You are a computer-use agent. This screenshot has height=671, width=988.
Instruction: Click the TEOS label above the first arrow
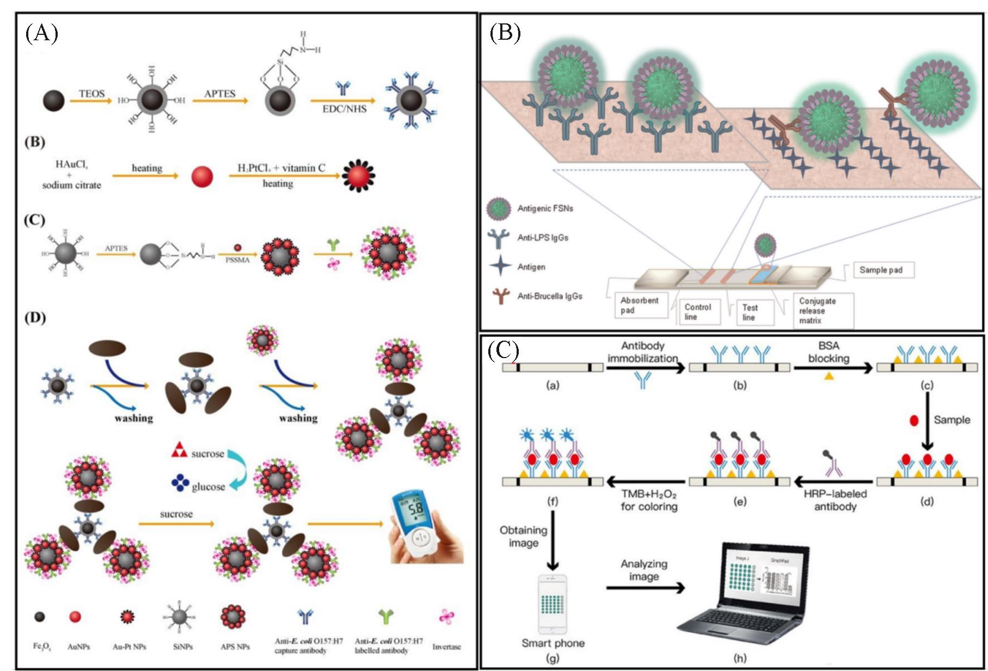[91, 94]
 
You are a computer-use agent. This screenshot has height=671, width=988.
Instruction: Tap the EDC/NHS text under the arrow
[344, 109]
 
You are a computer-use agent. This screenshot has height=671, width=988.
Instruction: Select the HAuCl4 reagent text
[71, 164]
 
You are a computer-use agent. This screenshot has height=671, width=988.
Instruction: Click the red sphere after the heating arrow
[202, 177]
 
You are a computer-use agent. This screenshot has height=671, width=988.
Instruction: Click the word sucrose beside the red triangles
[207, 454]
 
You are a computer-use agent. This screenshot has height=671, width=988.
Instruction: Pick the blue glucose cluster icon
[180, 483]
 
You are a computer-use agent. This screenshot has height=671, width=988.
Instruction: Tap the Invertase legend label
[446, 647]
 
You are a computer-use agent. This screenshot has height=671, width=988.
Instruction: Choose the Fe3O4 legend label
[41, 647]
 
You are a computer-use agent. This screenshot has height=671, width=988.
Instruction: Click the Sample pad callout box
[880, 270]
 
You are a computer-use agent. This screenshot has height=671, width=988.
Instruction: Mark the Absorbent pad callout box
[640, 305]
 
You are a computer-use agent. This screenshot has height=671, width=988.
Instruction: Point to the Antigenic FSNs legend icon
[499, 209]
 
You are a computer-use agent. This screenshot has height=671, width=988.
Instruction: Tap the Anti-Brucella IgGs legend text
[549, 296]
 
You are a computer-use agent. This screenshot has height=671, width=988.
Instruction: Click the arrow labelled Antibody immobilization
[645, 368]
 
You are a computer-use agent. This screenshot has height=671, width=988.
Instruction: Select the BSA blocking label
[829, 352]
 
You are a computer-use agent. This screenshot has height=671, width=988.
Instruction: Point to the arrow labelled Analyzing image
[645, 588]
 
